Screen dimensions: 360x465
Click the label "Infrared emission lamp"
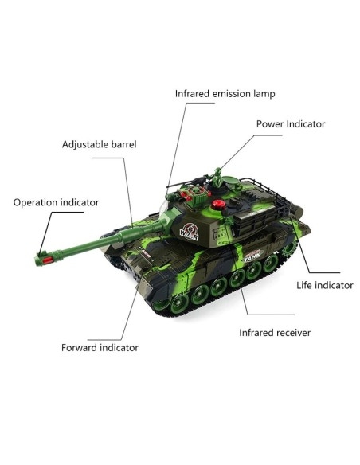click(x=225, y=94)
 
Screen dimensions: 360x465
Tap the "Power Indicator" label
click(x=291, y=124)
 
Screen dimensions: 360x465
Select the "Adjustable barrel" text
click(x=99, y=144)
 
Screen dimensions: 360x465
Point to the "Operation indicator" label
click(x=56, y=202)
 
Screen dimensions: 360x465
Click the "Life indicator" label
click(x=325, y=285)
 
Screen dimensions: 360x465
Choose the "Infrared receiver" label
click(x=275, y=333)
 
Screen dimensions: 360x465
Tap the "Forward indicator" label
click(x=100, y=348)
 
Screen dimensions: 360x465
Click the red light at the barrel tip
click(x=48, y=260)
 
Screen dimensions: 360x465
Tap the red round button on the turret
click(x=218, y=205)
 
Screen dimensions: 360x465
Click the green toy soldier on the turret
click(x=217, y=178)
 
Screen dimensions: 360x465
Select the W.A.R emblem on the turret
click(x=190, y=232)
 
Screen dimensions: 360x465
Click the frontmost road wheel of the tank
click(x=178, y=303)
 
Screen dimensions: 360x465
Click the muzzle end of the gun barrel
click(x=37, y=261)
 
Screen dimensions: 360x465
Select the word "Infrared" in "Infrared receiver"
click(x=256, y=333)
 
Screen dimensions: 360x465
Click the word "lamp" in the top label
click(x=264, y=94)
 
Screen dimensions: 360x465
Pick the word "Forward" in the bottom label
click(x=79, y=348)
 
